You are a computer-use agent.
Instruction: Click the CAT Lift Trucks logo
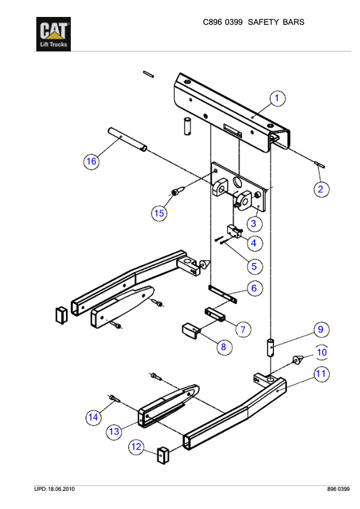pos(55,34)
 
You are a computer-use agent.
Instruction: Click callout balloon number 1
pos(277,97)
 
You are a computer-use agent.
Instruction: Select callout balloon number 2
pos(321,189)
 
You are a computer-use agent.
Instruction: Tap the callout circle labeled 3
pos(254,224)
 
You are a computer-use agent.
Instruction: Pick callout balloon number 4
pos(254,243)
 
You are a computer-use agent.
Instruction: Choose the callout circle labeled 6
pos(254,288)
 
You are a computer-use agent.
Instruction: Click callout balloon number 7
pos(242,329)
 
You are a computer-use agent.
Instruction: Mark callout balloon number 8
pos(223,347)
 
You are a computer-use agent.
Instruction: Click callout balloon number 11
pos(321,374)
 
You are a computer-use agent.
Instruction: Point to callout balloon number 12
pos(136,447)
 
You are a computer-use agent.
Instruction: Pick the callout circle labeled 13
pos(114,431)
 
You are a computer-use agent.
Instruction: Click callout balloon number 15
pos(159,213)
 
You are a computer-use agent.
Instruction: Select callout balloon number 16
pos(91,161)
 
